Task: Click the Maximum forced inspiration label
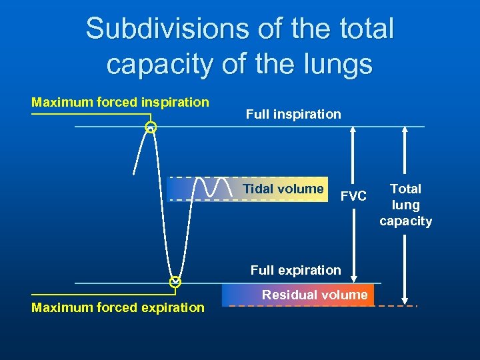tap(121, 102)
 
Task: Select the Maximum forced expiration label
tap(118, 307)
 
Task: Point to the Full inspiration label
tap(293, 114)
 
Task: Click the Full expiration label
tap(295, 270)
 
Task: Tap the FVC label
tap(353, 196)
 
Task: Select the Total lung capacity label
tap(405, 205)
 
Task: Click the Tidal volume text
tap(283, 189)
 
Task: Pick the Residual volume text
tap(315, 295)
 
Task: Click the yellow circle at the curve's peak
tap(151, 127)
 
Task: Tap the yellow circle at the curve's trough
tap(175, 282)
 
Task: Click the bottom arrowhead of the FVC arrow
tap(353, 278)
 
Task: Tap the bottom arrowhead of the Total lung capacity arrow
tap(405, 300)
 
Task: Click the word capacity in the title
tap(150, 64)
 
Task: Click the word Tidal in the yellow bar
tap(257, 189)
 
